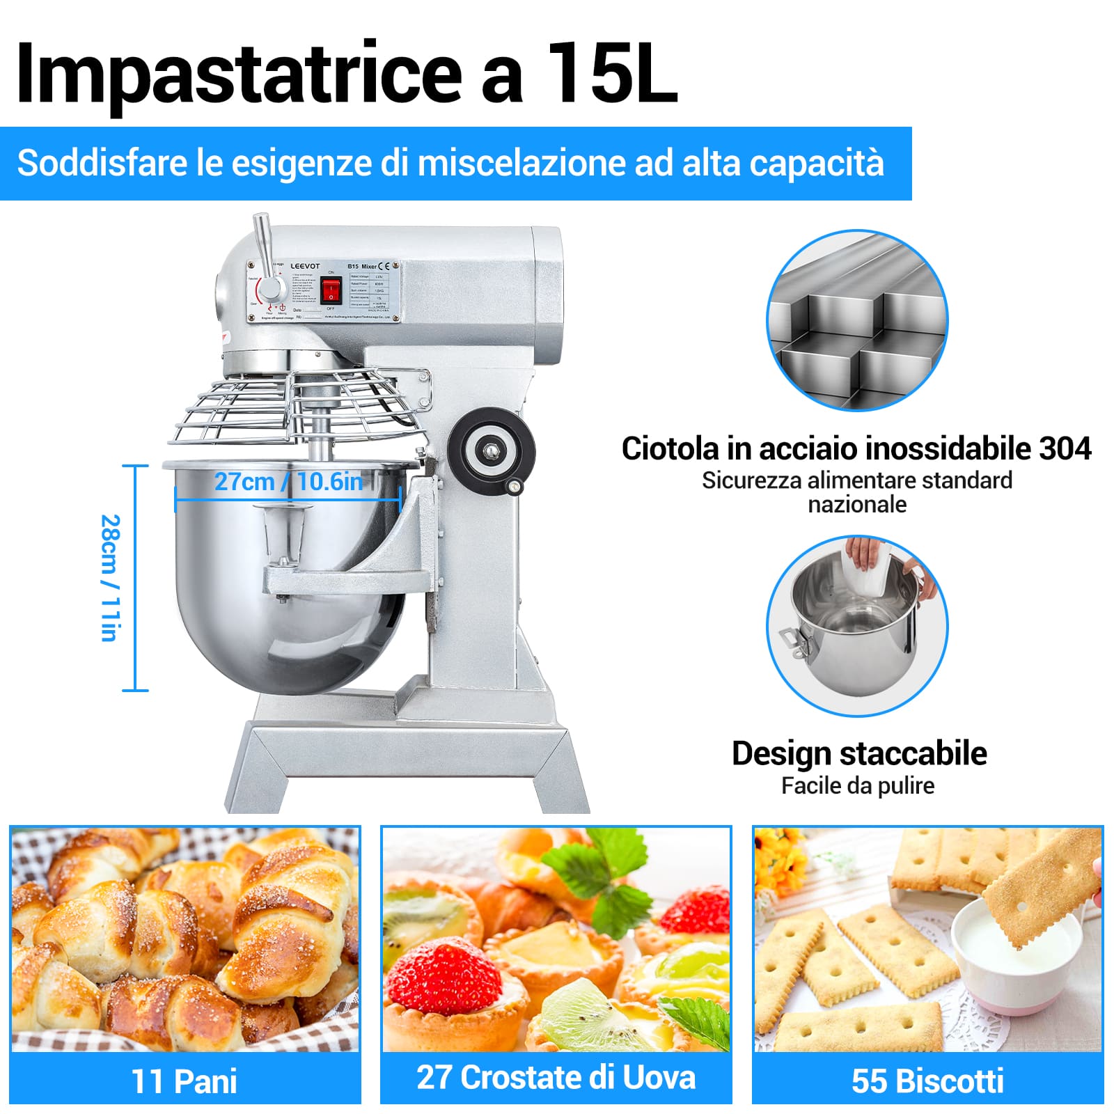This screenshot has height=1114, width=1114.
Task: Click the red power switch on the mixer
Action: (x=331, y=289)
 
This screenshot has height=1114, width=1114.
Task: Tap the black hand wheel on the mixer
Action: (x=491, y=450)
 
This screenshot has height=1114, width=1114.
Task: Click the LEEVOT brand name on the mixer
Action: (x=305, y=266)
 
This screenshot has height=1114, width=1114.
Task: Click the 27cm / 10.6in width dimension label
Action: (x=288, y=481)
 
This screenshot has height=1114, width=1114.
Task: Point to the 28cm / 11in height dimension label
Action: (x=110, y=578)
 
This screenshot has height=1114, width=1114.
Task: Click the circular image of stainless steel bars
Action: (x=857, y=320)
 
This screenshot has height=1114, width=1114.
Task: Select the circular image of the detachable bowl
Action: (x=857, y=625)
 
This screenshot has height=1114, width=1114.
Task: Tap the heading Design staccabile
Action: (x=859, y=753)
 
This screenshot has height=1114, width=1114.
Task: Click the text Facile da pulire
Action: (x=858, y=785)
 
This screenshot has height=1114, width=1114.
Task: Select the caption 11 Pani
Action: (x=185, y=1081)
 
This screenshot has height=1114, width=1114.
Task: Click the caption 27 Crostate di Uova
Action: (x=556, y=1077)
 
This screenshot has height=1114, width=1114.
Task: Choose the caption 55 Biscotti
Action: (x=927, y=1081)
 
